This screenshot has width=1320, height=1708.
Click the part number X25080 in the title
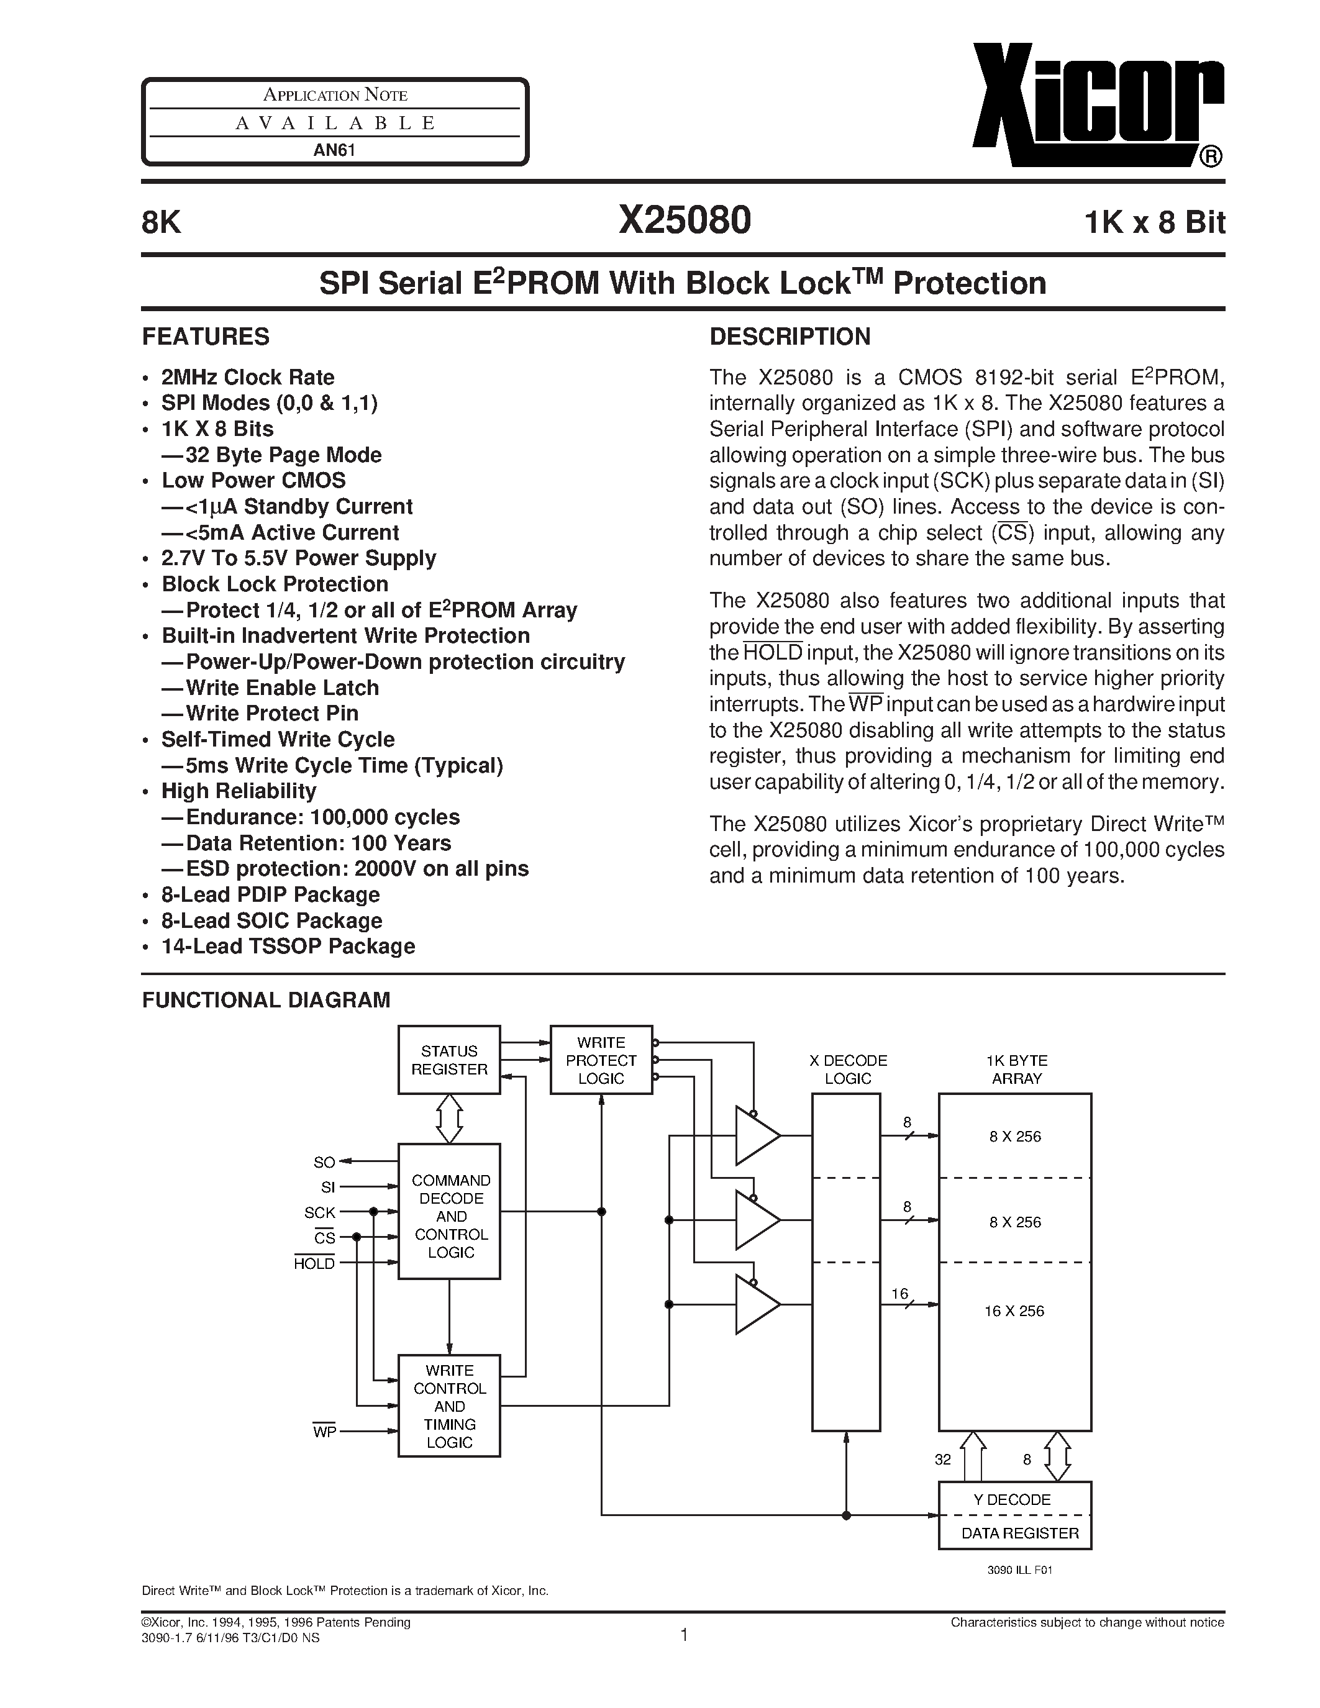685,220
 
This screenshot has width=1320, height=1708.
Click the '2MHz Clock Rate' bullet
248,378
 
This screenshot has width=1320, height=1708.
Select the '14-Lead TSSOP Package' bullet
288,947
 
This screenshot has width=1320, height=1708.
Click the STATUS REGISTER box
449,1060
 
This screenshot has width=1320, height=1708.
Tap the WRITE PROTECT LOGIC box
601,1060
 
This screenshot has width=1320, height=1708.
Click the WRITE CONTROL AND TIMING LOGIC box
449,1406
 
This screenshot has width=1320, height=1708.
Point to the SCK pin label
320,1213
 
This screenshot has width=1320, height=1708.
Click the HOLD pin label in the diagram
314,1264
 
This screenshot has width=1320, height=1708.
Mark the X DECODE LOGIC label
848,1069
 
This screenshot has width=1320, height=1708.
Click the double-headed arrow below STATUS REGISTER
449,1119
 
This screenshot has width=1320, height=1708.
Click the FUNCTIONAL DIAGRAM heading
266,1000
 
